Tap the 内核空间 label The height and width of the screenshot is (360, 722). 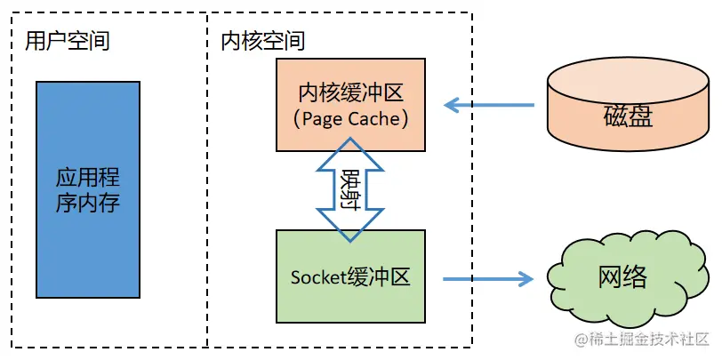(x=262, y=41)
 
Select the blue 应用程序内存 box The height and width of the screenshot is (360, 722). (x=87, y=188)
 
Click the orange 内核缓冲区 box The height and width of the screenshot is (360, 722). (x=351, y=78)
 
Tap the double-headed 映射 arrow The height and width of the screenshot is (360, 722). (x=350, y=189)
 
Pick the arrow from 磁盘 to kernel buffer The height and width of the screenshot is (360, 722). (x=489, y=106)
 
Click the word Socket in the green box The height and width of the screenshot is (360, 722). (x=318, y=277)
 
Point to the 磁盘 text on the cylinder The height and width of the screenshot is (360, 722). (x=628, y=116)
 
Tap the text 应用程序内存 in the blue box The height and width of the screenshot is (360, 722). (x=87, y=188)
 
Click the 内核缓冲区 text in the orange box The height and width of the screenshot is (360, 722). (x=350, y=92)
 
